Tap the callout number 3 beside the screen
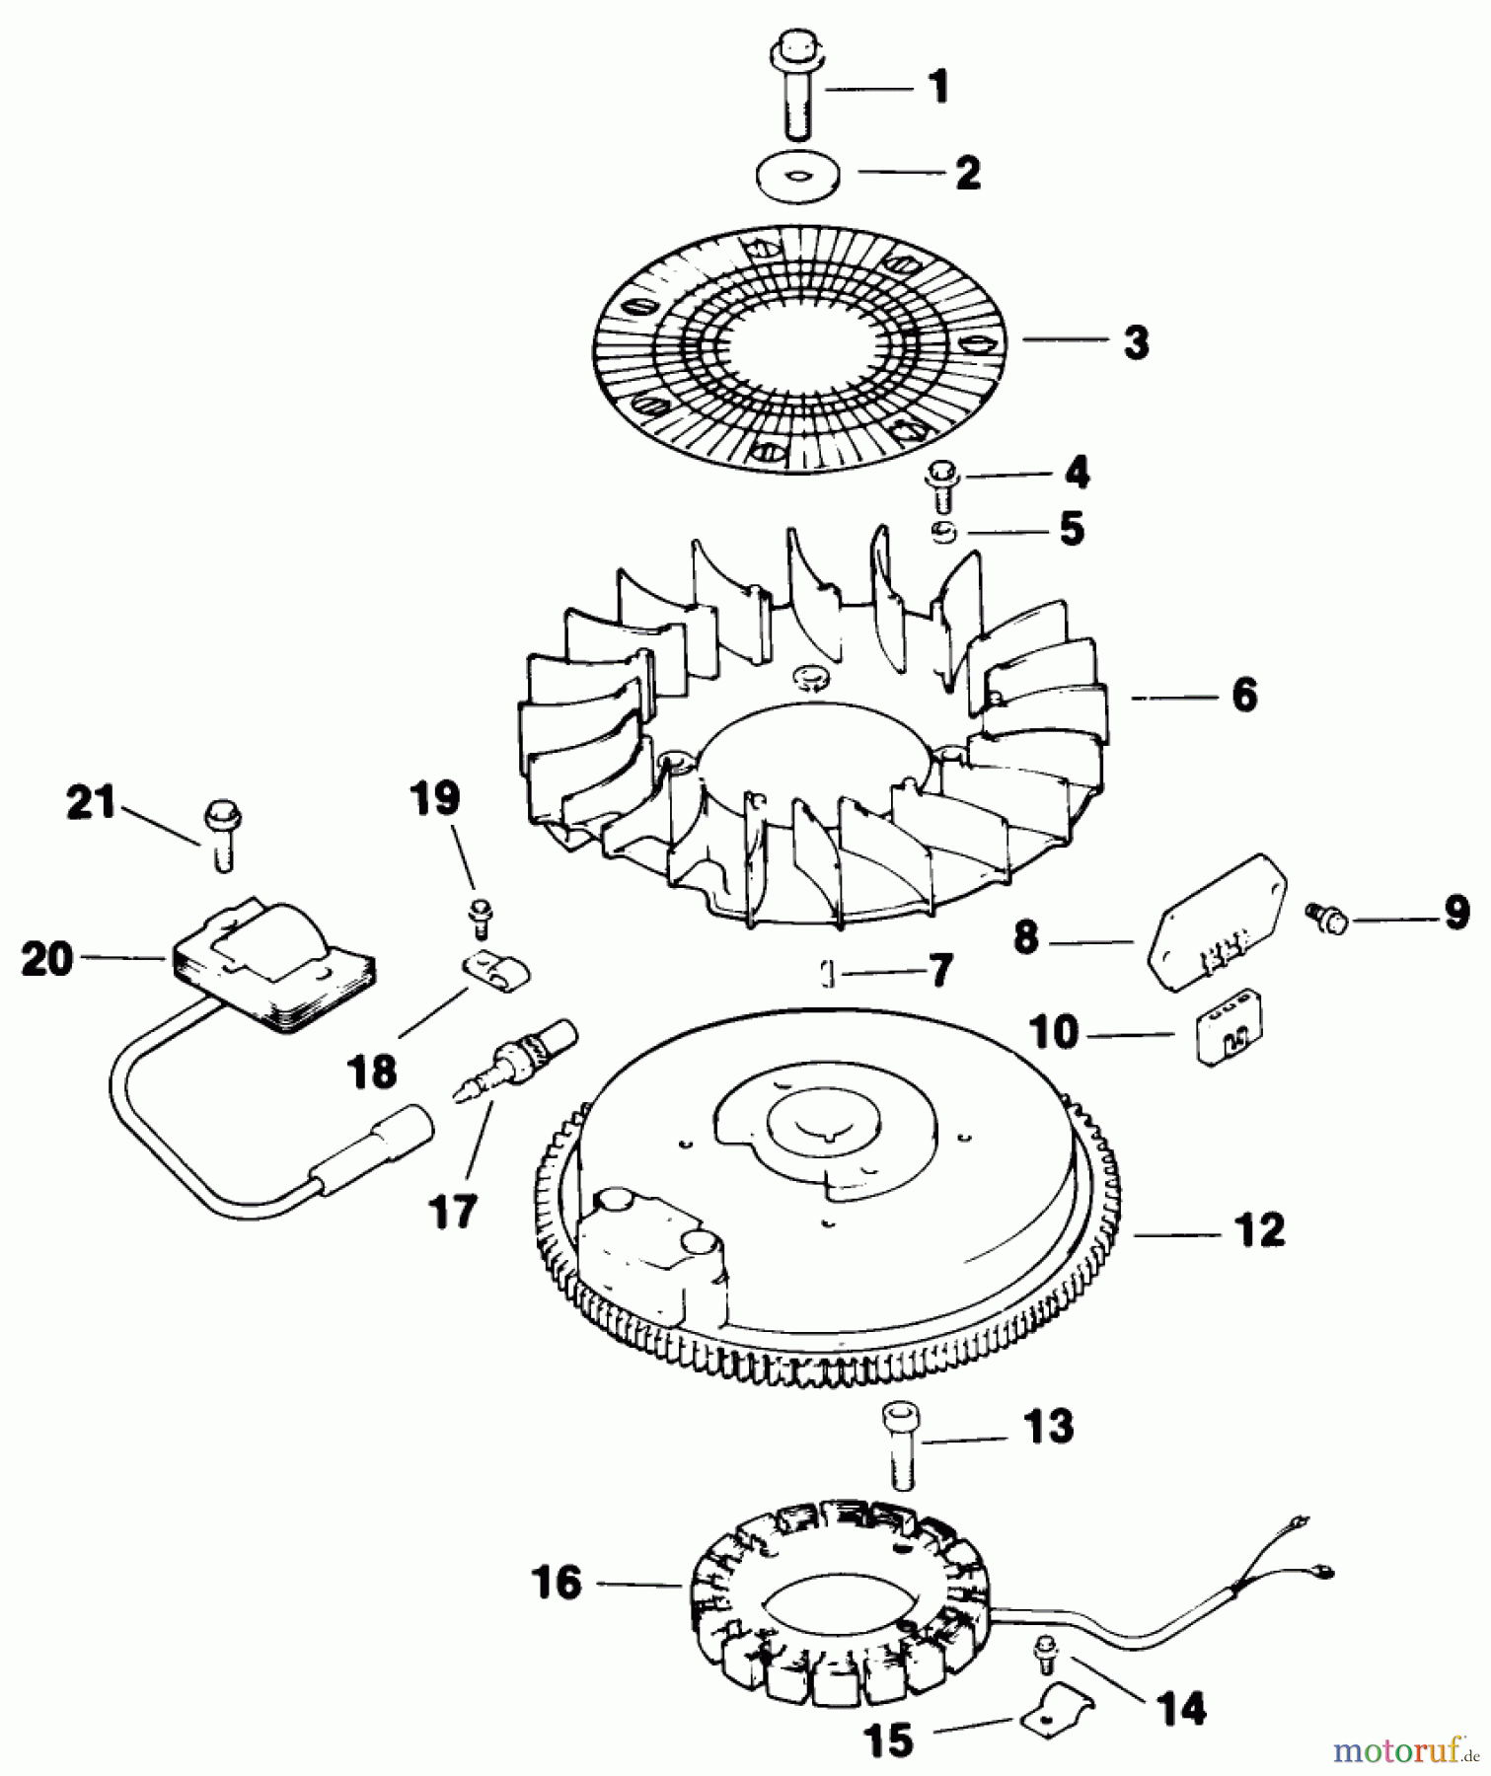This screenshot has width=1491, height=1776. tap(1136, 343)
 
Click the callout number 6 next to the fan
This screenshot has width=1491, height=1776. tap(1244, 696)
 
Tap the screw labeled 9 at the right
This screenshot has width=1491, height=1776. tap(1324, 914)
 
